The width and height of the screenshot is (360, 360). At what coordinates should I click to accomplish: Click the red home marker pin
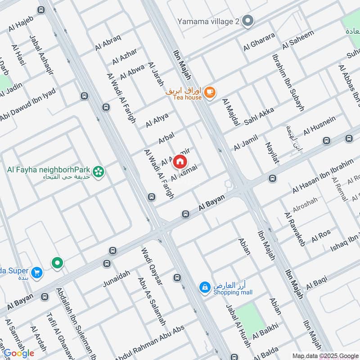click(x=180, y=161)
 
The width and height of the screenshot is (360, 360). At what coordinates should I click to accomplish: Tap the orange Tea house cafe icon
click(x=209, y=92)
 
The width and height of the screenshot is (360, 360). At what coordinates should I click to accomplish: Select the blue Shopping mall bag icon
click(x=205, y=287)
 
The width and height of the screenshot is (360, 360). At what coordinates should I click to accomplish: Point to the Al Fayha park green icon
click(x=98, y=171)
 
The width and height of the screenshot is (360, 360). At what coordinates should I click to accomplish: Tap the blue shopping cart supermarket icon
click(x=37, y=272)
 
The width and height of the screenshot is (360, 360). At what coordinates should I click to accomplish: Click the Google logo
click(x=18, y=353)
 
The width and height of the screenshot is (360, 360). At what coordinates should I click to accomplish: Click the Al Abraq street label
click(x=108, y=43)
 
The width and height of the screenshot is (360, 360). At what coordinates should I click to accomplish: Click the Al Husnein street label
click(x=319, y=126)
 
